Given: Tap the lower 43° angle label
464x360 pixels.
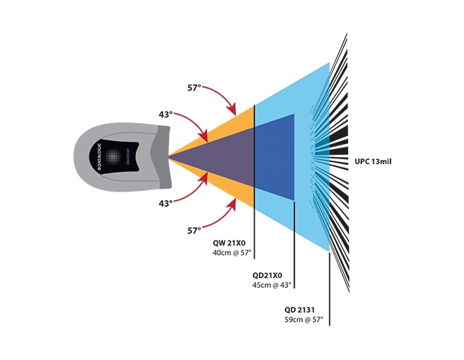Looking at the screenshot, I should [x=166, y=204].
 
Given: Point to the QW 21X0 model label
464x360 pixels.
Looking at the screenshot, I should [x=229, y=243].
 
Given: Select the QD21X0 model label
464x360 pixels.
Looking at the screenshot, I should [x=267, y=276].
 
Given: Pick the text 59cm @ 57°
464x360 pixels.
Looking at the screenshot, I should [x=304, y=319].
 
